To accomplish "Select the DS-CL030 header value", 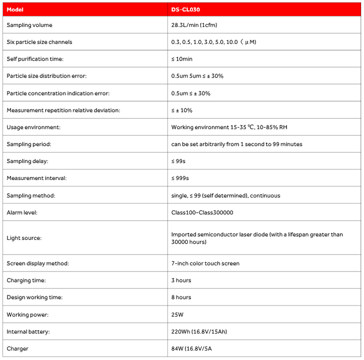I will [x=185, y=9].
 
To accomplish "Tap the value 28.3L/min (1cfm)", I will [x=194, y=25].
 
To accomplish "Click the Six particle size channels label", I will [x=39, y=42].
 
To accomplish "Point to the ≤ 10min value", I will [x=181, y=59].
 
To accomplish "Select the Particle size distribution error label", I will [x=47, y=76].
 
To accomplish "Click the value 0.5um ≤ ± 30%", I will [x=190, y=93].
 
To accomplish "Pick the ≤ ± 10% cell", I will [x=181, y=110].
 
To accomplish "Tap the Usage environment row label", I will [x=33, y=127].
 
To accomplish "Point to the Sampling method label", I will [x=31, y=195].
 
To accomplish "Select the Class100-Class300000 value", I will [x=202, y=212].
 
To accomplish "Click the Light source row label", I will [x=24, y=238].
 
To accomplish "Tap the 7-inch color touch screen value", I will [x=205, y=263].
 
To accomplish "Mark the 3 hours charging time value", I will [x=181, y=280].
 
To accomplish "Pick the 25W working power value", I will [x=177, y=314].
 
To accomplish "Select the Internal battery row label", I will [x=28, y=331].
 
